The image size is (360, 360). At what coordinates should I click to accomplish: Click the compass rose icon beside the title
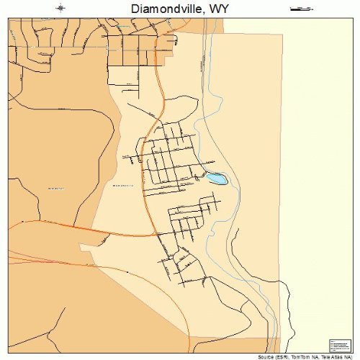tap(61, 9)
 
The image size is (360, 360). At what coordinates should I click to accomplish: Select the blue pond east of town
tap(217, 178)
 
